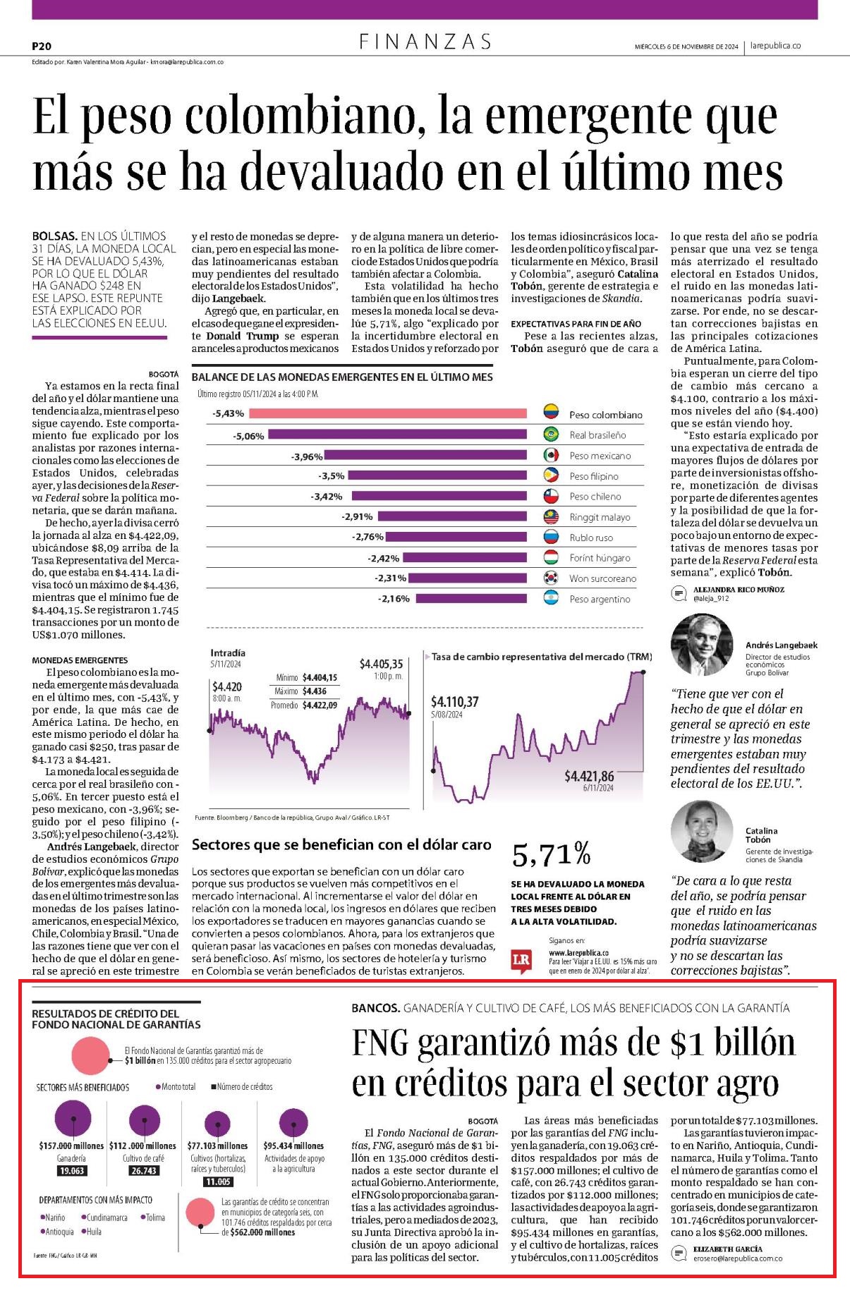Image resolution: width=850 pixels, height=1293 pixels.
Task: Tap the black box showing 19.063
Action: (73, 1170)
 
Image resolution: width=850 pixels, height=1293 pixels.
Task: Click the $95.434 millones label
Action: (293, 1146)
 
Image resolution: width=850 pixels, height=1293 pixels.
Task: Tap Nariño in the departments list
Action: (53, 1218)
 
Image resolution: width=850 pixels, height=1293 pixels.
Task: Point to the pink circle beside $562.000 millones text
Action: (200, 1213)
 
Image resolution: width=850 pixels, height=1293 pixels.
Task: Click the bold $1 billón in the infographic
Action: (140, 1060)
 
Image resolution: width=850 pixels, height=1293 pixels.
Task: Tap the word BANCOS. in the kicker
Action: (376, 1008)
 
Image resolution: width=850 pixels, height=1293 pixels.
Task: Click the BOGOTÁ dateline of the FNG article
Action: (482, 1121)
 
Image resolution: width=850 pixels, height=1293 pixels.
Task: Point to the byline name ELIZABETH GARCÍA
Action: (727, 1249)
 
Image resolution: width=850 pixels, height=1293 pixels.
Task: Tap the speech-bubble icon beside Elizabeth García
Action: (679, 1253)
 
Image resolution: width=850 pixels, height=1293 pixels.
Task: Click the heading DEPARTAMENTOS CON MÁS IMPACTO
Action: (95, 1200)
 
